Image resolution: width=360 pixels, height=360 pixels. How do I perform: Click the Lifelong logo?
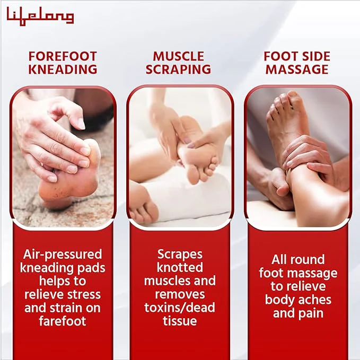[40, 16]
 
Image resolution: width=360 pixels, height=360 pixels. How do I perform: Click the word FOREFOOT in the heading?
[63, 57]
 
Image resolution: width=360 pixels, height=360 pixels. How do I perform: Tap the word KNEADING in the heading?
[63, 69]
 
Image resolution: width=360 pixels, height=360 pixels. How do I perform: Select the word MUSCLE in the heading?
[178, 57]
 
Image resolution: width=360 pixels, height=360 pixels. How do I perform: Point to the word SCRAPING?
[178, 69]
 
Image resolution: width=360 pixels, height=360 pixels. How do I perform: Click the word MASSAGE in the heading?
[297, 69]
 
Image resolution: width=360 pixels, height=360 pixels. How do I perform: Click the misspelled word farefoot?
[63, 321]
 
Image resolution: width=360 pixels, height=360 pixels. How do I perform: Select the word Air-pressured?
[63, 255]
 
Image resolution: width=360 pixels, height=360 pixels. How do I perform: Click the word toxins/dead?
[180, 308]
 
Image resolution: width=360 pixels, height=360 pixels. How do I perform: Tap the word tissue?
[180, 321]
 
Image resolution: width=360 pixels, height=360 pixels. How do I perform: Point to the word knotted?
[180, 267]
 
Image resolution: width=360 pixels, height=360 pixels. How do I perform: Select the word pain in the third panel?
[312, 314]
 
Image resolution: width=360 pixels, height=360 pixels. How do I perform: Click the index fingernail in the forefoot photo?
[81, 124]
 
